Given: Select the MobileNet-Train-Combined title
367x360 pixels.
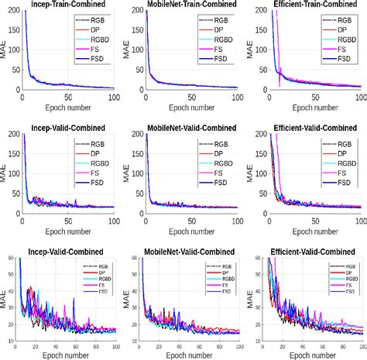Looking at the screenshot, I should (x=191, y=5).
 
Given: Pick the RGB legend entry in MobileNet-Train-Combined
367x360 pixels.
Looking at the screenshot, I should (x=223, y=17).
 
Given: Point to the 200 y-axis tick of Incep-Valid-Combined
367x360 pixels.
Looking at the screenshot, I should (x=12, y=135).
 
